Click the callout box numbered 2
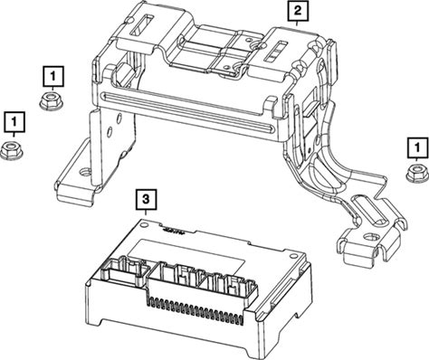click(298, 11)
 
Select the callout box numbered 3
click(146, 199)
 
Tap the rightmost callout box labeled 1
click(417, 147)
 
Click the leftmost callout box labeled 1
click(14, 122)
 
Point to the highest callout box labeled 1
click(53, 77)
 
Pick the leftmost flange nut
click(12, 150)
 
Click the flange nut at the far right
click(417, 173)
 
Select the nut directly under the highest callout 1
click(51, 100)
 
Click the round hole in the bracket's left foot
click(84, 173)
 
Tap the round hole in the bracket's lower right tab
click(371, 237)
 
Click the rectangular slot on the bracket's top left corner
click(142, 24)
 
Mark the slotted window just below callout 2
click(275, 51)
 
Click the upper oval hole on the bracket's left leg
click(119, 118)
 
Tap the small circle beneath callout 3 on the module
click(144, 225)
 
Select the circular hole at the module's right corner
click(292, 256)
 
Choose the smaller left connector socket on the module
click(125, 270)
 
